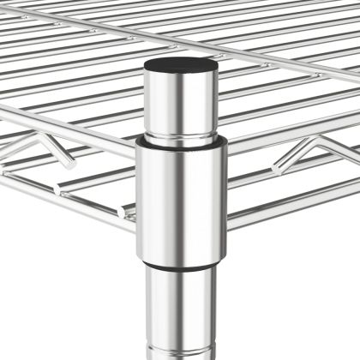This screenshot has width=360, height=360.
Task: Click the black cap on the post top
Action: click(179, 66)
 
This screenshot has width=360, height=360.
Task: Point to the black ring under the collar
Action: click(180, 261)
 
